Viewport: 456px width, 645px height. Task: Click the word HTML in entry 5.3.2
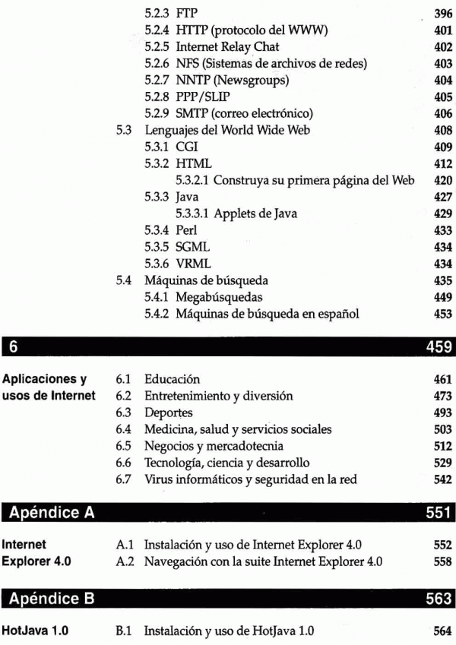point(193,164)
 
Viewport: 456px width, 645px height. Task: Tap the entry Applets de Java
point(255,214)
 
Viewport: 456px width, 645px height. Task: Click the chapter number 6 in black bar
point(14,346)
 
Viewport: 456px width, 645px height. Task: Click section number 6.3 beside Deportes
point(125,413)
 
